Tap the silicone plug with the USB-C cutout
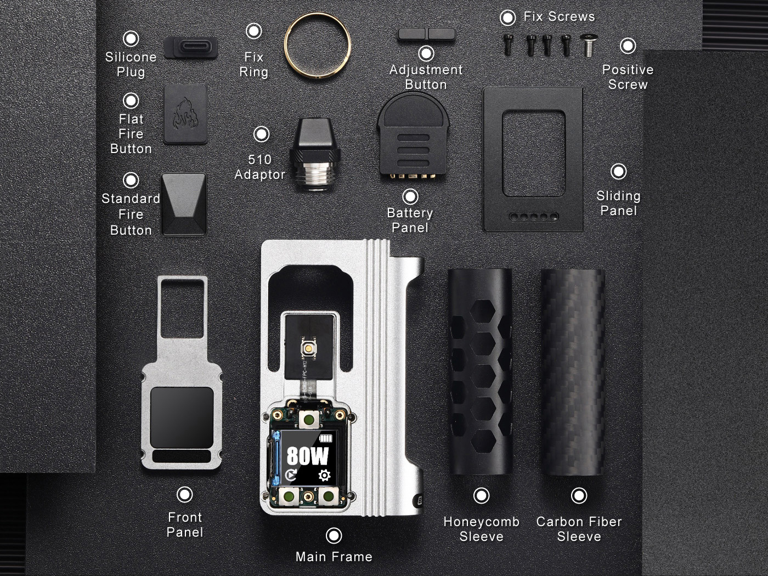click(x=191, y=47)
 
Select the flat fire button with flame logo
click(x=185, y=114)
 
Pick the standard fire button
click(x=184, y=204)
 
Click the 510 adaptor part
click(x=315, y=154)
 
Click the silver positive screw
click(x=589, y=45)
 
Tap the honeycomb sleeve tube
click(x=480, y=371)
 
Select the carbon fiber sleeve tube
click(x=573, y=372)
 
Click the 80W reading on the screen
click(x=308, y=456)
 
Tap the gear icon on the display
click(x=324, y=475)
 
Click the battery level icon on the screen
click(x=327, y=438)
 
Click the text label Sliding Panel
click(x=618, y=203)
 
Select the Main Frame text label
click(x=334, y=556)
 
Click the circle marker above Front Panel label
click(x=185, y=494)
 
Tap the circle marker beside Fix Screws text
click(x=507, y=18)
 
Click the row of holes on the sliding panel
click(x=534, y=217)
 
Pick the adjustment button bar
click(x=426, y=34)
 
